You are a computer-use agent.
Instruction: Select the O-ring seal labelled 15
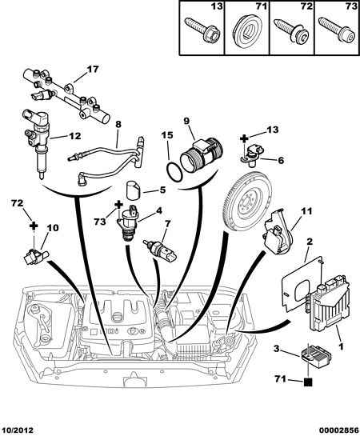(174, 173)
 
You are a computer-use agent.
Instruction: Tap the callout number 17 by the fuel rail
(93, 70)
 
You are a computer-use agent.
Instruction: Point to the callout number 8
(118, 125)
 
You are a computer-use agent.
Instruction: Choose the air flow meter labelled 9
(202, 155)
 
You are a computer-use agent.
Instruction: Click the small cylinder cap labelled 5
(133, 190)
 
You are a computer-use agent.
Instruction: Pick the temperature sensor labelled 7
(159, 250)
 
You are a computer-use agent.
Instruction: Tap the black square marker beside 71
(308, 383)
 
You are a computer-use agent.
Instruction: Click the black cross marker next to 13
(244, 138)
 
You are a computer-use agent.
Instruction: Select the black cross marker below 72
(34, 226)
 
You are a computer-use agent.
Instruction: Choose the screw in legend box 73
(337, 30)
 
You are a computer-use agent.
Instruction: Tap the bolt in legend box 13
(202, 30)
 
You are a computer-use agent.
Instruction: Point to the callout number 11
(306, 211)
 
